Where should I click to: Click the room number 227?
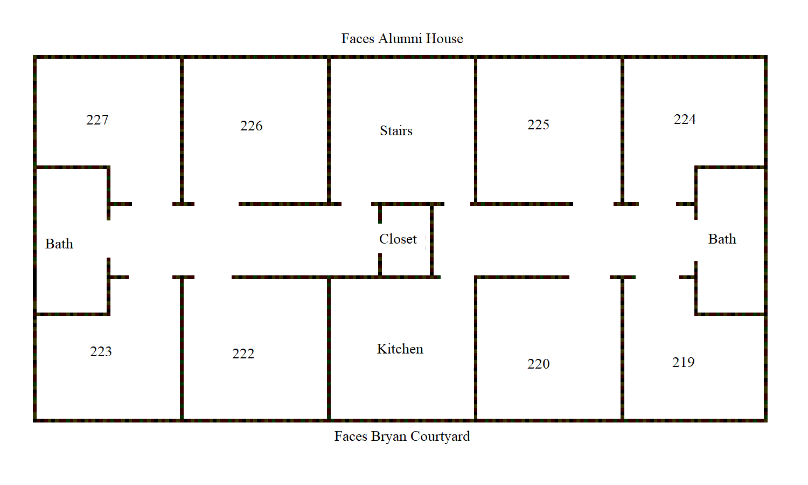(x=97, y=120)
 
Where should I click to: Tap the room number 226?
(x=252, y=126)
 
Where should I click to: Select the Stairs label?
(x=396, y=130)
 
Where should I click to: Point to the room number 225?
(x=538, y=125)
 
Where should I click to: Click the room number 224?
(x=685, y=120)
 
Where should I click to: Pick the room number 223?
(x=101, y=351)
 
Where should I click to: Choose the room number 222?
(x=243, y=354)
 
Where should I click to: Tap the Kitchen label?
(x=400, y=349)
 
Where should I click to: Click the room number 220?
(x=538, y=364)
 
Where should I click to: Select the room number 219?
(x=683, y=362)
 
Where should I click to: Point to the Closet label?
(x=398, y=239)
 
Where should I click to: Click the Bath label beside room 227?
(x=59, y=244)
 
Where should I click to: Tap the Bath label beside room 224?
(x=722, y=239)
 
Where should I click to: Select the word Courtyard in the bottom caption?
(x=440, y=436)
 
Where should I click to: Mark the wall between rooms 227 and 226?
(x=182, y=130)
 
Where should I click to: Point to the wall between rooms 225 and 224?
(x=622, y=130)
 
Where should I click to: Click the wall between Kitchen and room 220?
(x=476, y=349)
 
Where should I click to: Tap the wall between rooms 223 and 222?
(x=182, y=349)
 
